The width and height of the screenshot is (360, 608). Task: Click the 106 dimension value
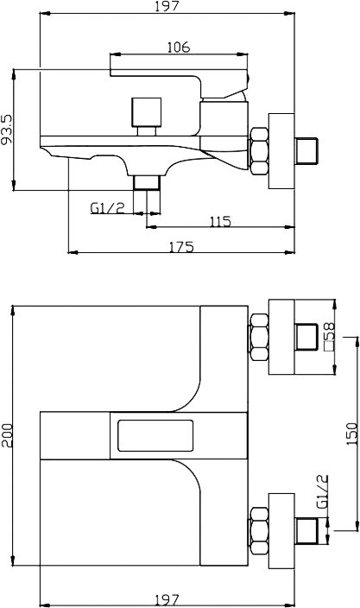pyautogui.click(x=179, y=47)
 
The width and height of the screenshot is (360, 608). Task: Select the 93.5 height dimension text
pyautogui.click(x=7, y=130)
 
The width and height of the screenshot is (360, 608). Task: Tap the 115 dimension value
pyautogui.click(x=220, y=222)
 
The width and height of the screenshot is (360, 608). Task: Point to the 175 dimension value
pyautogui.click(x=181, y=247)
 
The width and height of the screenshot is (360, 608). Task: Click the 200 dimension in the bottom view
pyautogui.click(x=7, y=435)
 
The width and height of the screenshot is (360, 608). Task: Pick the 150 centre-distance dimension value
pyautogui.click(x=352, y=434)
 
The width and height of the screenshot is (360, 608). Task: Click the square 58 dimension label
pyautogui.click(x=330, y=337)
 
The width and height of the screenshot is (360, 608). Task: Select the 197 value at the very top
pyautogui.click(x=167, y=6)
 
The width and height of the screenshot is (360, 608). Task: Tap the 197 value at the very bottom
pyautogui.click(x=167, y=600)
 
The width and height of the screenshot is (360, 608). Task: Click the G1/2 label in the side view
pyautogui.click(x=107, y=208)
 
